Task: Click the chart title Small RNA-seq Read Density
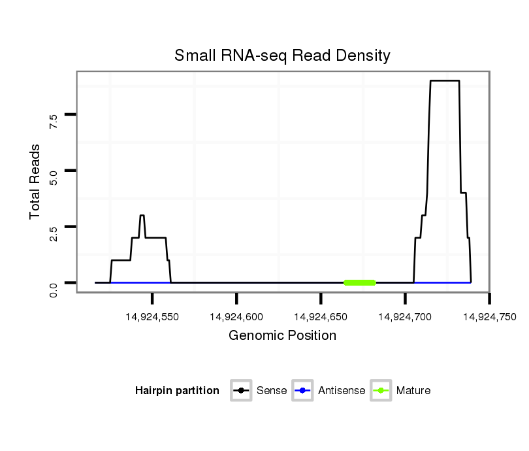click(x=282, y=56)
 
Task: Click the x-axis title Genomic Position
click(x=282, y=336)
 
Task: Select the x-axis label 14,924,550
click(x=152, y=317)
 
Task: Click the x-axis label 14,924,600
click(x=236, y=317)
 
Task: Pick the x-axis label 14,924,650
click(x=321, y=317)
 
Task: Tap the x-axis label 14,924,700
click(x=405, y=317)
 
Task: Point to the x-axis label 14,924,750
click(x=489, y=317)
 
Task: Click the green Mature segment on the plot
click(x=360, y=282)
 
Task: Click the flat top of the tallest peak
click(x=445, y=81)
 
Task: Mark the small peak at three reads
click(x=142, y=216)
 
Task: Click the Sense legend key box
click(x=241, y=391)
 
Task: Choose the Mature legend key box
click(x=381, y=391)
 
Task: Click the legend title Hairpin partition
click(x=177, y=391)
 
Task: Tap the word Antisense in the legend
click(x=342, y=391)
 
